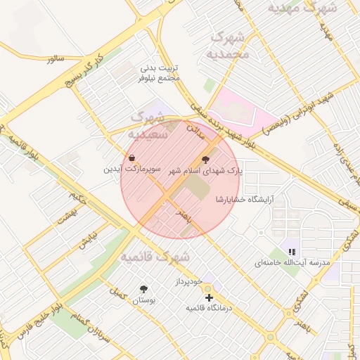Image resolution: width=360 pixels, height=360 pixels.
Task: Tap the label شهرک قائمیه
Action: pyautogui.click(x=155, y=256)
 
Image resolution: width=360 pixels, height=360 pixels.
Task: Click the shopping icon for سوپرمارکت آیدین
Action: pyautogui.click(x=133, y=157)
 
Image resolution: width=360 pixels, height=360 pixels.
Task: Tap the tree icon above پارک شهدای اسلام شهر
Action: pyautogui.click(x=205, y=160)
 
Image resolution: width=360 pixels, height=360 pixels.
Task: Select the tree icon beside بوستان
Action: pyautogui.click(x=144, y=289)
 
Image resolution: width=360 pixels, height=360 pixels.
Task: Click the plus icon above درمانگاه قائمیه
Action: pyautogui.click(x=208, y=297)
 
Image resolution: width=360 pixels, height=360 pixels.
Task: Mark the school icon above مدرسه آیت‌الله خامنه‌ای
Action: pyautogui.click(x=292, y=251)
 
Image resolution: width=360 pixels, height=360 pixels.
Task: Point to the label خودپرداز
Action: pyautogui.click(x=188, y=281)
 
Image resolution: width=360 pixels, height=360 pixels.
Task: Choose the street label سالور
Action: pyautogui.click(x=56, y=59)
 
